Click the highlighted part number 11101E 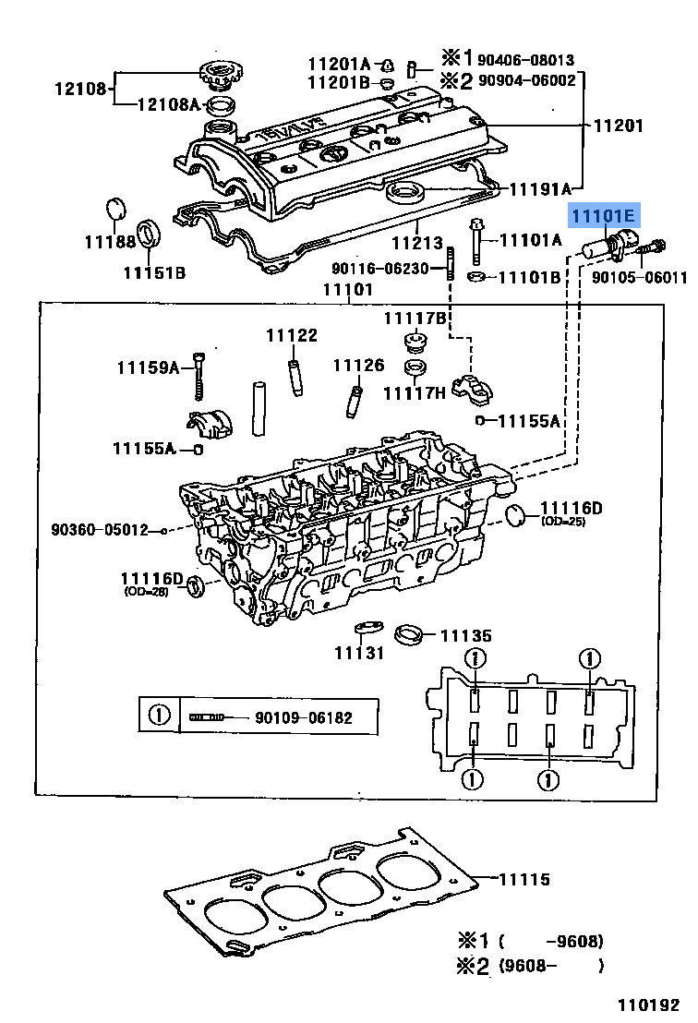pos(603,218)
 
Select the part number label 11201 pos(618,126)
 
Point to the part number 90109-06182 pos(304,717)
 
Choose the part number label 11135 pos(465,636)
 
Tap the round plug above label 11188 pos(115,208)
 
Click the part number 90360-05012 pos(99,530)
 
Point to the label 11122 pos(292,336)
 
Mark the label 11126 pos(358,366)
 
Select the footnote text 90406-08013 pos(525,59)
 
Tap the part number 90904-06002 pos(525,80)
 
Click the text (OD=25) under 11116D pos(563,522)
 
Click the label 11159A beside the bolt pos(148,367)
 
